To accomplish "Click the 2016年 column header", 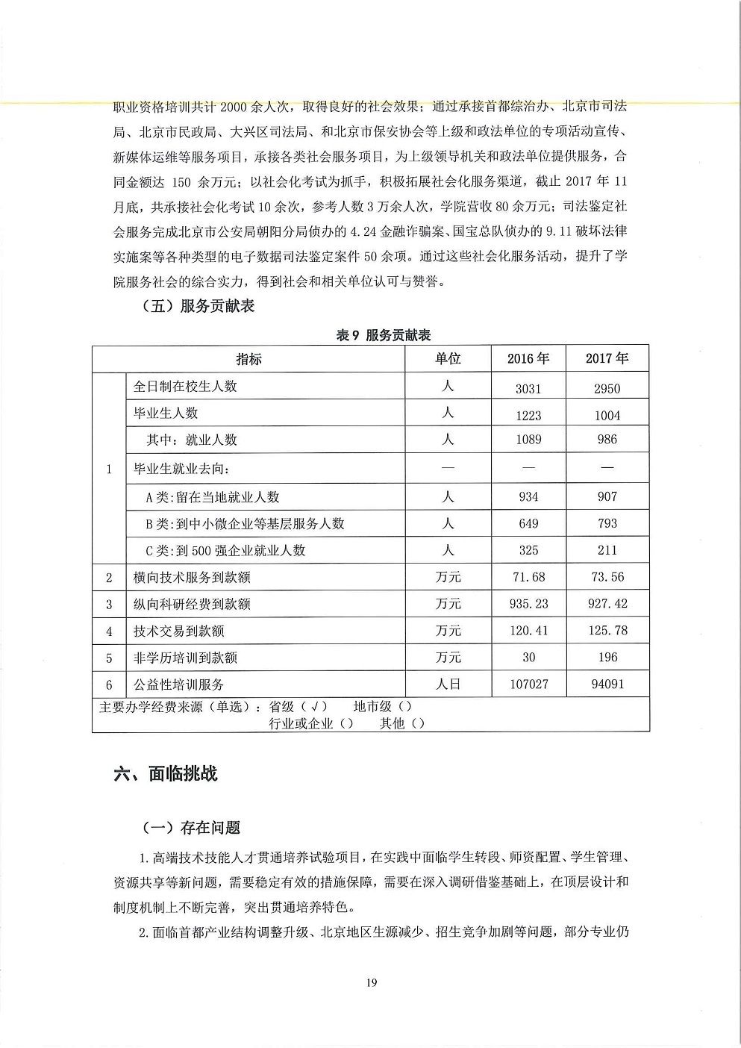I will tap(528, 359).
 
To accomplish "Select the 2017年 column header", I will tap(607, 359).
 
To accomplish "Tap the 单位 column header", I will tap(448, 359).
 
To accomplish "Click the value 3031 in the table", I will tap(528, 388).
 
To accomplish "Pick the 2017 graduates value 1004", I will tap(607, 416).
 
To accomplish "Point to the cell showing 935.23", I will tap(528, 604).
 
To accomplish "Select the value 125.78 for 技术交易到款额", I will tap(607, 631).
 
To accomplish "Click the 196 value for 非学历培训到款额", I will tap(607, 658).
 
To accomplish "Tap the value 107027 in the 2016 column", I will tap(528, 684).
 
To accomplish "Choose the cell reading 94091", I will tap(607, 684).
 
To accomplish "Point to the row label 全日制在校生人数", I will tap(185, 387).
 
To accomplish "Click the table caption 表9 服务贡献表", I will tap(384, 335).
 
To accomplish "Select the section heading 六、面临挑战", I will tap(165, 773).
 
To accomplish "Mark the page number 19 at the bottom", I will tap(371, 982).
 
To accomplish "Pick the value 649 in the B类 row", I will tap(528, 524).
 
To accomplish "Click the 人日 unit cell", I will tap(448, 684).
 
